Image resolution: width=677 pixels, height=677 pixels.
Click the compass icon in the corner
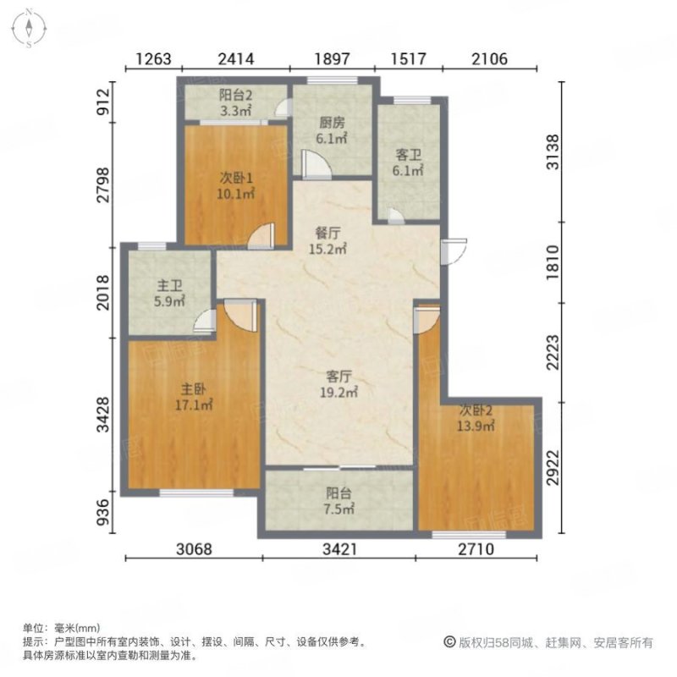29,29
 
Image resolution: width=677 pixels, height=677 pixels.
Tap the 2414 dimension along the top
236,58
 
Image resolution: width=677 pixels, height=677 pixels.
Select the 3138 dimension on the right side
553,152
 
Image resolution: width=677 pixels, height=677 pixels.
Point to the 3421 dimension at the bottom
340,548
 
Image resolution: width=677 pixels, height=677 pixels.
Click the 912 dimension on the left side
103,102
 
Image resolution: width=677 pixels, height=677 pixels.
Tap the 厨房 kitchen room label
332,123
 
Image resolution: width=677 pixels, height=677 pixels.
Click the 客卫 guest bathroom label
408,155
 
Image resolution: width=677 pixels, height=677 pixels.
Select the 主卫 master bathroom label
169,285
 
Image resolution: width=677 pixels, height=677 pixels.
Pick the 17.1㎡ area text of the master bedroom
194,405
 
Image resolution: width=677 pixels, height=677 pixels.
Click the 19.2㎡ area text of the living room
339,392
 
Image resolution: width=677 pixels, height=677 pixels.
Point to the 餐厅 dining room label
327,234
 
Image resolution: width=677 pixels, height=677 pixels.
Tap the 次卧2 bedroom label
476,410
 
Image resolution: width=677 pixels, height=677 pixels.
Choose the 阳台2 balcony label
235,95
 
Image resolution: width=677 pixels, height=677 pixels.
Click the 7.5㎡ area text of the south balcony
339,509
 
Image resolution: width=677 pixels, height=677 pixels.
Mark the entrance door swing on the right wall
454,251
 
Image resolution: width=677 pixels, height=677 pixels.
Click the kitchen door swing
316,164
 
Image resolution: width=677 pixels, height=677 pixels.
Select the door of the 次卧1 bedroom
261,236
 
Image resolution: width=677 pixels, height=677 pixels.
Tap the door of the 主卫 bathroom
205,321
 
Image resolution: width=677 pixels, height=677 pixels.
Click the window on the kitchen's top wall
332,80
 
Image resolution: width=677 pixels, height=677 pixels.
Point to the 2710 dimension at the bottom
476,548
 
